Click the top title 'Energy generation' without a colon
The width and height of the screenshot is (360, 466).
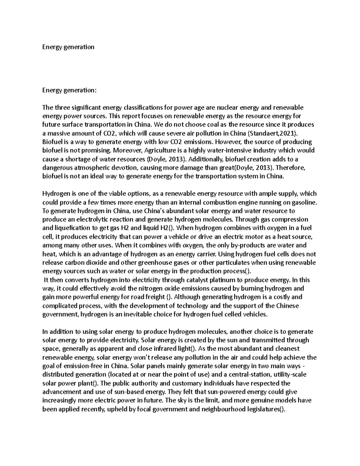click(68, 47)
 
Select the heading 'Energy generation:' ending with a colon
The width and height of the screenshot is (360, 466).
click(70, 90)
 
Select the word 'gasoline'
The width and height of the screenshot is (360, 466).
click(303, 202)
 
